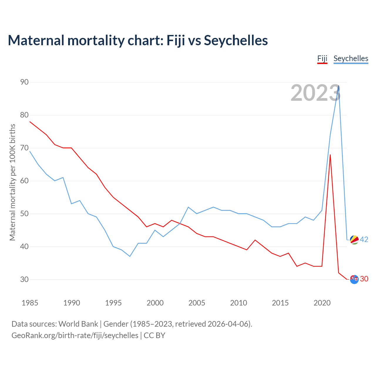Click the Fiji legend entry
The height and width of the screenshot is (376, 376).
[x=322, y=58]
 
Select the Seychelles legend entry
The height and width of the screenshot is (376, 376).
[x=351, y=58]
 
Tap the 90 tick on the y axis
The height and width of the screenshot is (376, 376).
[x=24, y=82]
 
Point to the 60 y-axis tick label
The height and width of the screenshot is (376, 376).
[x=24, y=181]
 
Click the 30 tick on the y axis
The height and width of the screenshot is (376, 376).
[x=24, y=279]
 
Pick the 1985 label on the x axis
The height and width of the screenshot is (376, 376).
[x=30, y=303]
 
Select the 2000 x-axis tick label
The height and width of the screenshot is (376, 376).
[x=155, y=303]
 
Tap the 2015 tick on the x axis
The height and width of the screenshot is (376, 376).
[x=280, y=303]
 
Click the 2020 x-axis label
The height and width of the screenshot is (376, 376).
[x=322, y=303]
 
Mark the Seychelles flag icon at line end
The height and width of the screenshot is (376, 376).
[x=354, y=240]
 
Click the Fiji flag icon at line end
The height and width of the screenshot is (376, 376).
[x=354, y=279]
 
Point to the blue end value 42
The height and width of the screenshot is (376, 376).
[x=364, y=240]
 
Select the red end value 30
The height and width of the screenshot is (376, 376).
[x=364, y=279]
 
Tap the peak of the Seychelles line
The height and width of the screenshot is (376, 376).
[x=339, y=86]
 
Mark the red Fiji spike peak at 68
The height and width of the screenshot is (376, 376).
[x=330, y=155]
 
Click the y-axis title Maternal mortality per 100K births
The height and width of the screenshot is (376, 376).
[x=12, y=182]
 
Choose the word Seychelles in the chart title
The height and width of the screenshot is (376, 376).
[x=236, y=40]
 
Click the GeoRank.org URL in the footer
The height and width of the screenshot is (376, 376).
[x=75, y=335]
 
